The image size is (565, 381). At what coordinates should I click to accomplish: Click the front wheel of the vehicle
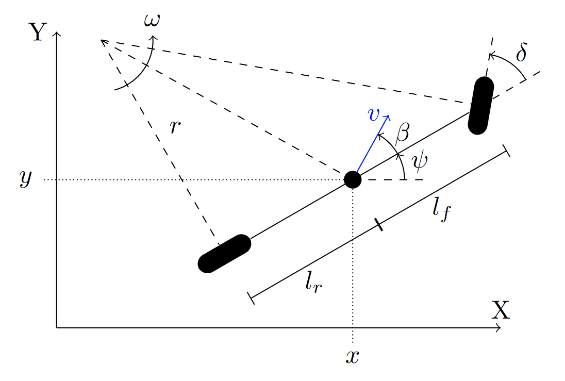click(x=480, y=106)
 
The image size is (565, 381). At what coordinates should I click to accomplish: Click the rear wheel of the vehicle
click(x=224, y=254)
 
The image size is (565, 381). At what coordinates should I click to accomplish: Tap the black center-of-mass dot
click(x=353, y=179)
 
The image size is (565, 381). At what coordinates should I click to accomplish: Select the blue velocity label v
click(x=374, y=114)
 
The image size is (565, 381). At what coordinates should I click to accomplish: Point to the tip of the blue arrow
click(x=389, y=115)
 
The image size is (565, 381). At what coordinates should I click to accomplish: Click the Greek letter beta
click(x=402, y=132)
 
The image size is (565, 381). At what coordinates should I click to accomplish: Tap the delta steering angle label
click(x=521, y=52)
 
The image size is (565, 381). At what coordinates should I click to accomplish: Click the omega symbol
click(x=152, y=20)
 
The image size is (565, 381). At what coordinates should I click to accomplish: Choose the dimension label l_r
click(x=313, y=281)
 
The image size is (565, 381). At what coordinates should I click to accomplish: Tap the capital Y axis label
click(x=38, y=32)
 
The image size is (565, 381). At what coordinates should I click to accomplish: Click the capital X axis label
click(x=501, y=310)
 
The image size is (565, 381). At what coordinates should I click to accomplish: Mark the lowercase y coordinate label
click(x=26, y=178)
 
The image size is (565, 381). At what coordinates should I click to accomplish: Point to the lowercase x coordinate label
click(x=353, y=356)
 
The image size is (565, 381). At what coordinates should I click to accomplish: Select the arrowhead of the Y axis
click(x=57, y=34)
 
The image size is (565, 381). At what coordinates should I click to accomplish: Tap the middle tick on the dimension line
click(x=378, y=224)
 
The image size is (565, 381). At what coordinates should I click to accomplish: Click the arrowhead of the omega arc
click(x=154, y=37)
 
